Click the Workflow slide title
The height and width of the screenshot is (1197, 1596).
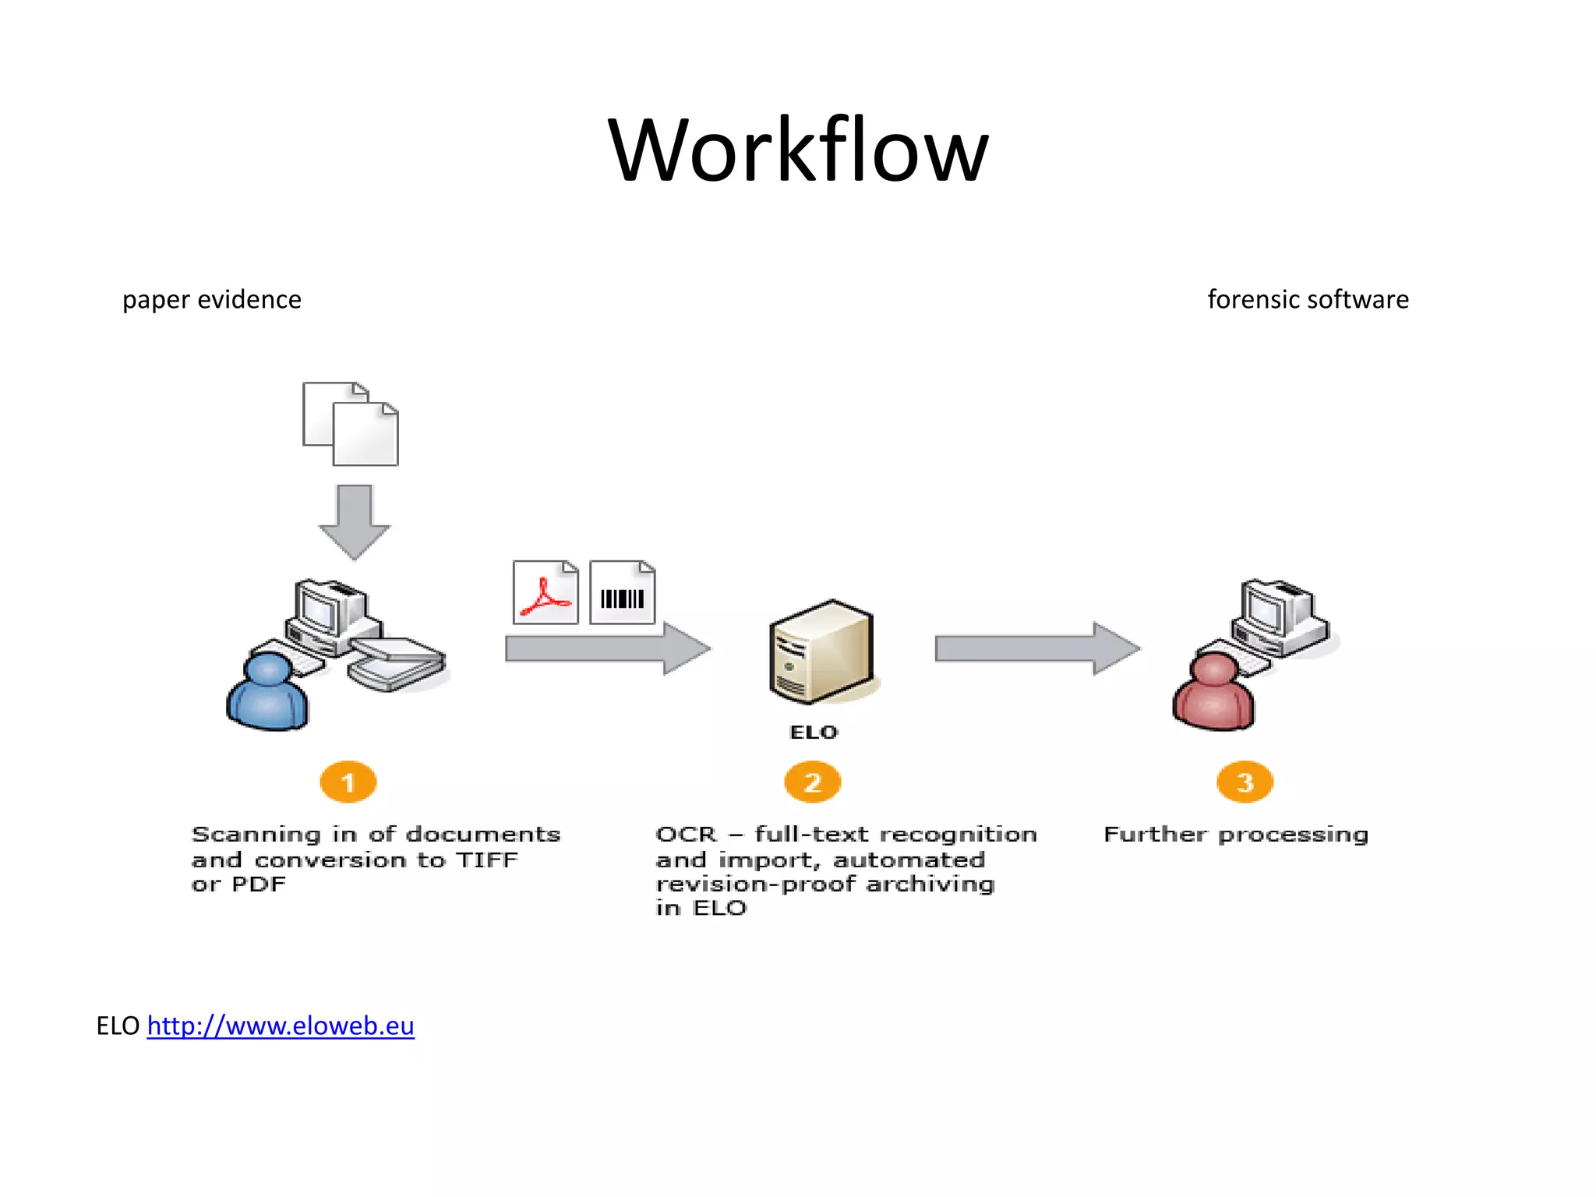798,150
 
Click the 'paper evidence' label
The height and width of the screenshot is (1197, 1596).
211,300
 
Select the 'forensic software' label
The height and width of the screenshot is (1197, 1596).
1308,300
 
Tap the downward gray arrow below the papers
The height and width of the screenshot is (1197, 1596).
355,521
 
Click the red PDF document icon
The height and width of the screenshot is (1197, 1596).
546,593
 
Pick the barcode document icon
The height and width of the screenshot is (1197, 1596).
622,593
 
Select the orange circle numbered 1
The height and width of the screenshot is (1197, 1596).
348,782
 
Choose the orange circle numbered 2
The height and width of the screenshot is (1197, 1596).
812,782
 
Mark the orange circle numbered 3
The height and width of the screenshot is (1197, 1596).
1245,782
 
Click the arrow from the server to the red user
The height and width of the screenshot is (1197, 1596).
1036,648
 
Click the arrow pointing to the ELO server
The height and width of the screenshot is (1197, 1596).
607,648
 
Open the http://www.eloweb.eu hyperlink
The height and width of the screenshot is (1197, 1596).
281,1026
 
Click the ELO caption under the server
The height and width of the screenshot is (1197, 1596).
814,733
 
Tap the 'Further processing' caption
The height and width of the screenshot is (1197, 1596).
1236,835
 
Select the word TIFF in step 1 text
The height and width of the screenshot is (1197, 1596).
487,860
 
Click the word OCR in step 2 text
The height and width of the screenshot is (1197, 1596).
686,835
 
